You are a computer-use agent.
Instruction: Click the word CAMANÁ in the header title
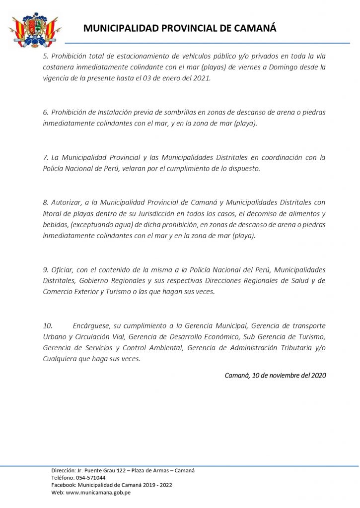(254, 28)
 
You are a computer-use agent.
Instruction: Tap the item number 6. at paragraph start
(46, 113)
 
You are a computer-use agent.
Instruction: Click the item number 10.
(48, 326)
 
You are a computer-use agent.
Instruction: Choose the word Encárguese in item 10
(92, 326)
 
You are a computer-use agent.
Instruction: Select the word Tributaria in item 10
(294, 348)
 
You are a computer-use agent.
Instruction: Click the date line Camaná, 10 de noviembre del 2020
(275, 376)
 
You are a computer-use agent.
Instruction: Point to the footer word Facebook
(63, 485)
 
